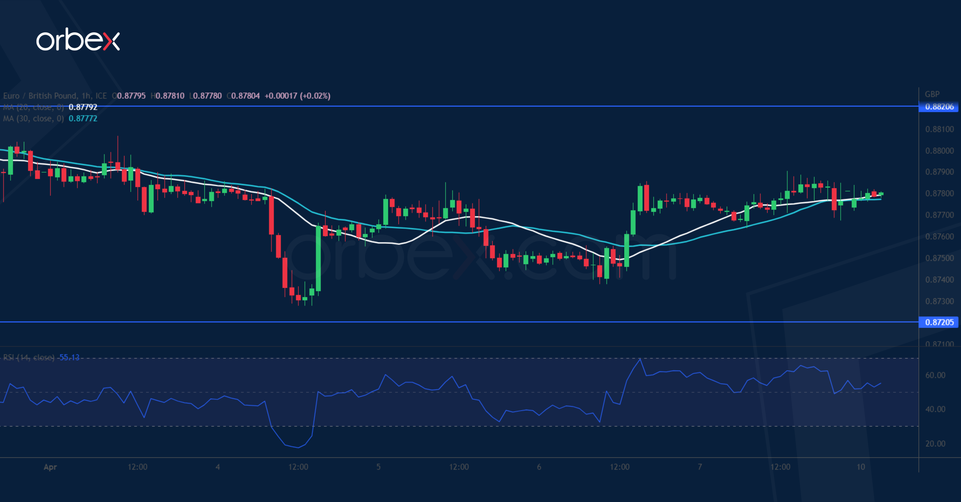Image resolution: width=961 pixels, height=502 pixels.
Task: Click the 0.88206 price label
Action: coord(939,107)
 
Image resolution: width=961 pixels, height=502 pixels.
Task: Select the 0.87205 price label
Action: coord(939,322)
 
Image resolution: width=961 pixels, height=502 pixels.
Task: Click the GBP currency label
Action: coord(932,94)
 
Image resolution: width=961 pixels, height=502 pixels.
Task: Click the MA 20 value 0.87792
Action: coord(83,107)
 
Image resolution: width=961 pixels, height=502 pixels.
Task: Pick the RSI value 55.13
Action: coord(69,357)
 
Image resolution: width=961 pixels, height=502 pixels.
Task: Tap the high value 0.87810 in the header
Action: coord(170,96)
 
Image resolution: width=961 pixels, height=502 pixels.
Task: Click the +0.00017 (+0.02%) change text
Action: coord(297,96)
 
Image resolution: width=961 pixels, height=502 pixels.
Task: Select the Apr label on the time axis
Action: coord(50,467)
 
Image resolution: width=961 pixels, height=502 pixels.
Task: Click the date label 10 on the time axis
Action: coord(860,467)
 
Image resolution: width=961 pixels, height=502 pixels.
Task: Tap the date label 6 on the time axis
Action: coord(539,467)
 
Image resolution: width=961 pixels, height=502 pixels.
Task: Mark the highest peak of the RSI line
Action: coord(640,359)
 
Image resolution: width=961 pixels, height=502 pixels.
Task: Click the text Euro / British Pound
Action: coord(40,96)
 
